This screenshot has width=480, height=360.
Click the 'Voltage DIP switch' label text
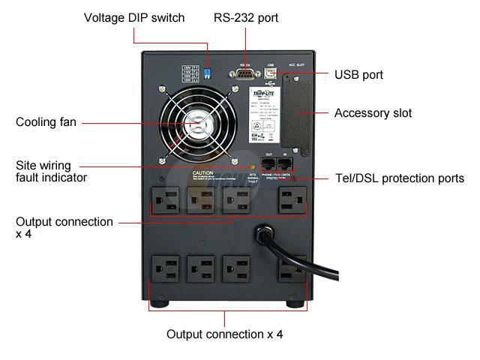point(133,17)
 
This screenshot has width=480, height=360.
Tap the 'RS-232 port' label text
point(245,17)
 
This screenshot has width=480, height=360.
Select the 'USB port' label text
point(358,75)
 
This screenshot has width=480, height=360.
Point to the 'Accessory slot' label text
point(373,113)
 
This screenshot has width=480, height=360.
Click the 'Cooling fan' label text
point(46,121)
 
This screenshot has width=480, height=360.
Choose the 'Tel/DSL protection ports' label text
point(399,178)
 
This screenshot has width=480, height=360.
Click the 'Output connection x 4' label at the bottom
point(224,334)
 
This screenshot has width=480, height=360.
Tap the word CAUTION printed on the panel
point(204,172)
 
